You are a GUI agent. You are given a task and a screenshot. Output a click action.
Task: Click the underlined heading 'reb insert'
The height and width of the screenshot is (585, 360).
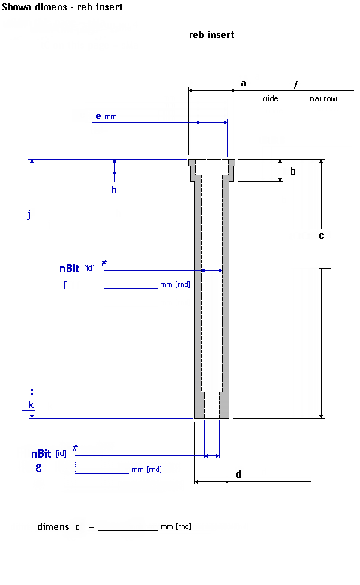click(211, 34)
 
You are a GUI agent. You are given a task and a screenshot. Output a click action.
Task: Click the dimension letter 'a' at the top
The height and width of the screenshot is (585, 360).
click(244, 83)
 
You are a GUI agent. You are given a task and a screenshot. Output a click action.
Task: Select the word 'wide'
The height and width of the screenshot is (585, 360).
click(270, 98)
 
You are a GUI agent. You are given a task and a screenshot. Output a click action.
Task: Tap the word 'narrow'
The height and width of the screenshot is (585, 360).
click(323, 98)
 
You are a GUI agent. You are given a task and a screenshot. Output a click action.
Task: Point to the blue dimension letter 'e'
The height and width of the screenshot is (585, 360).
click(98, 116)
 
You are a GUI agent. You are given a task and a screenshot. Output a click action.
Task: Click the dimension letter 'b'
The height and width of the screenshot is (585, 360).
click(293, 171)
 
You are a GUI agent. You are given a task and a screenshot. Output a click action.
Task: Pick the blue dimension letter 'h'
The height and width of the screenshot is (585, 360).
click(114, 190)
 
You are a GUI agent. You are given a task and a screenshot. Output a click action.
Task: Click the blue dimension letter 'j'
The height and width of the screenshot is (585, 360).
click(29, 214)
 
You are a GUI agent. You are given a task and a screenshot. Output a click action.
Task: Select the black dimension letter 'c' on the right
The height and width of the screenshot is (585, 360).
click(322, 235)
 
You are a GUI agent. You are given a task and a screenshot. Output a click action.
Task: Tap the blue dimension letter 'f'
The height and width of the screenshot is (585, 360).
click(64, 285)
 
